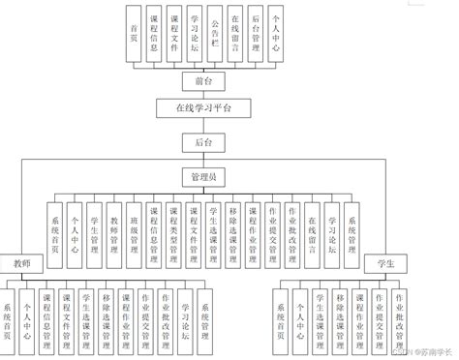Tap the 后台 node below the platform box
201,141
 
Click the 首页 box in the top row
133,37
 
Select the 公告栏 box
213,37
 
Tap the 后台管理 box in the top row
255,37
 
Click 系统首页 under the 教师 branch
10,320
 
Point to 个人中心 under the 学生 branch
299,320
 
